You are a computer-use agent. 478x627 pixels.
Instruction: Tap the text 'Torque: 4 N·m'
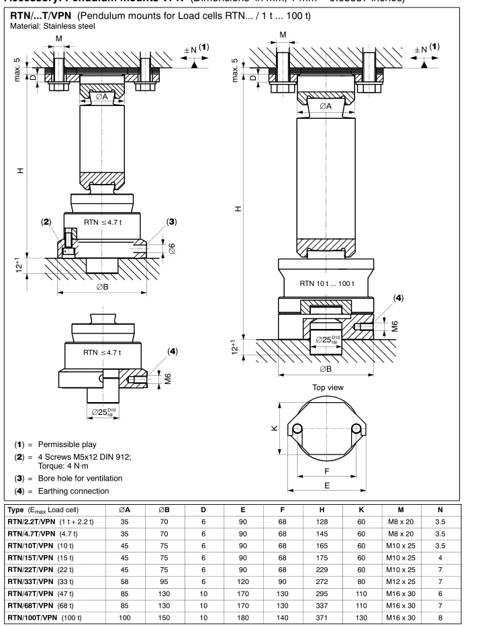click(68, 463)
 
